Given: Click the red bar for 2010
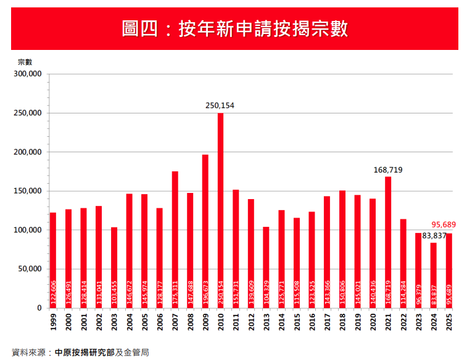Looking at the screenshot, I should point(220,210).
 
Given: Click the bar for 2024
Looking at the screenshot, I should point(434,275).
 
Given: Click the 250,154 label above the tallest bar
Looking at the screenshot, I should point(220,106).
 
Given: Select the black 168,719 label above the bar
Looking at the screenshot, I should point(388,170).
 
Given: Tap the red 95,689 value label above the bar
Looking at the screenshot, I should point(444,225).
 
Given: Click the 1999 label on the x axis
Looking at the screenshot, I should point(53,321).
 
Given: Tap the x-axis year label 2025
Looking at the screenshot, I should point(448,321).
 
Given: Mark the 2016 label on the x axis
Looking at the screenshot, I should point(312,321).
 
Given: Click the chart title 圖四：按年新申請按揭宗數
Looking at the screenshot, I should point(234,28).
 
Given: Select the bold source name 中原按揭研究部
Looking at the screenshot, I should point(85,353).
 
